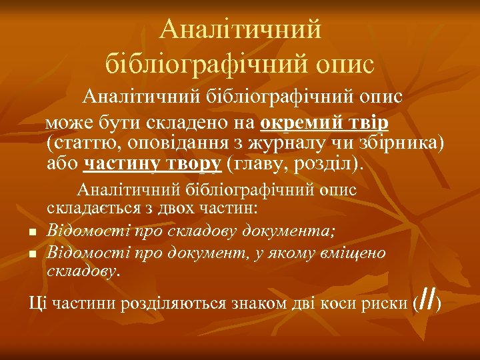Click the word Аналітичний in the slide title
click(x=241, y=29)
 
